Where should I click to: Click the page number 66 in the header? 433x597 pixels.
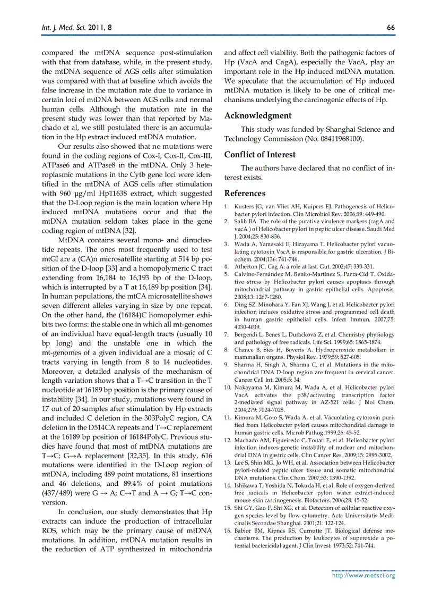click(x=391, y=27)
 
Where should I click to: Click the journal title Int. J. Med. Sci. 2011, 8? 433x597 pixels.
click(x=70, y=27)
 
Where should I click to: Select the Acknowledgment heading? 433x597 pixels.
click(x=258, y=115)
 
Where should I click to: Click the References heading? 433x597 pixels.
click(x=245, y=194)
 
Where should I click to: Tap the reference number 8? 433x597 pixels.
click(x=226, y=349)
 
